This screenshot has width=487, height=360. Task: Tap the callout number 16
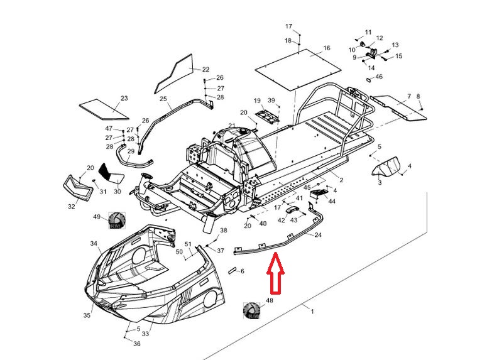coord(327,48)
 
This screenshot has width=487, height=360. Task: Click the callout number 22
coord(206,69)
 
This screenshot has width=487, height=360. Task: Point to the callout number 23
coord(124,99)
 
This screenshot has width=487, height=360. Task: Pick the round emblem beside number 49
coord(116,221)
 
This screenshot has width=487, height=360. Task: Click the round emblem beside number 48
coord(253,310)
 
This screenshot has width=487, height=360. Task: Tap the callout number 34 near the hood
coord(94,243)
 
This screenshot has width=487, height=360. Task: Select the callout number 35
coord(87,315)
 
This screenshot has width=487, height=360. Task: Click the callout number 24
coord(318,235)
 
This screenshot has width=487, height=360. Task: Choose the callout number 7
coord(408,96)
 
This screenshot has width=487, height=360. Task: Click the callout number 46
coord(379,77)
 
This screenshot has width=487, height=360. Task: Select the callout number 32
coord(71,205)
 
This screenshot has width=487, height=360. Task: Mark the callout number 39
coord(271,101)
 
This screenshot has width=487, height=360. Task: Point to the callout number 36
coord(137,344)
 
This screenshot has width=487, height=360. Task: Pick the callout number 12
coord(379,38)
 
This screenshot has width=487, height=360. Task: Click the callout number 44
coord(332,201)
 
